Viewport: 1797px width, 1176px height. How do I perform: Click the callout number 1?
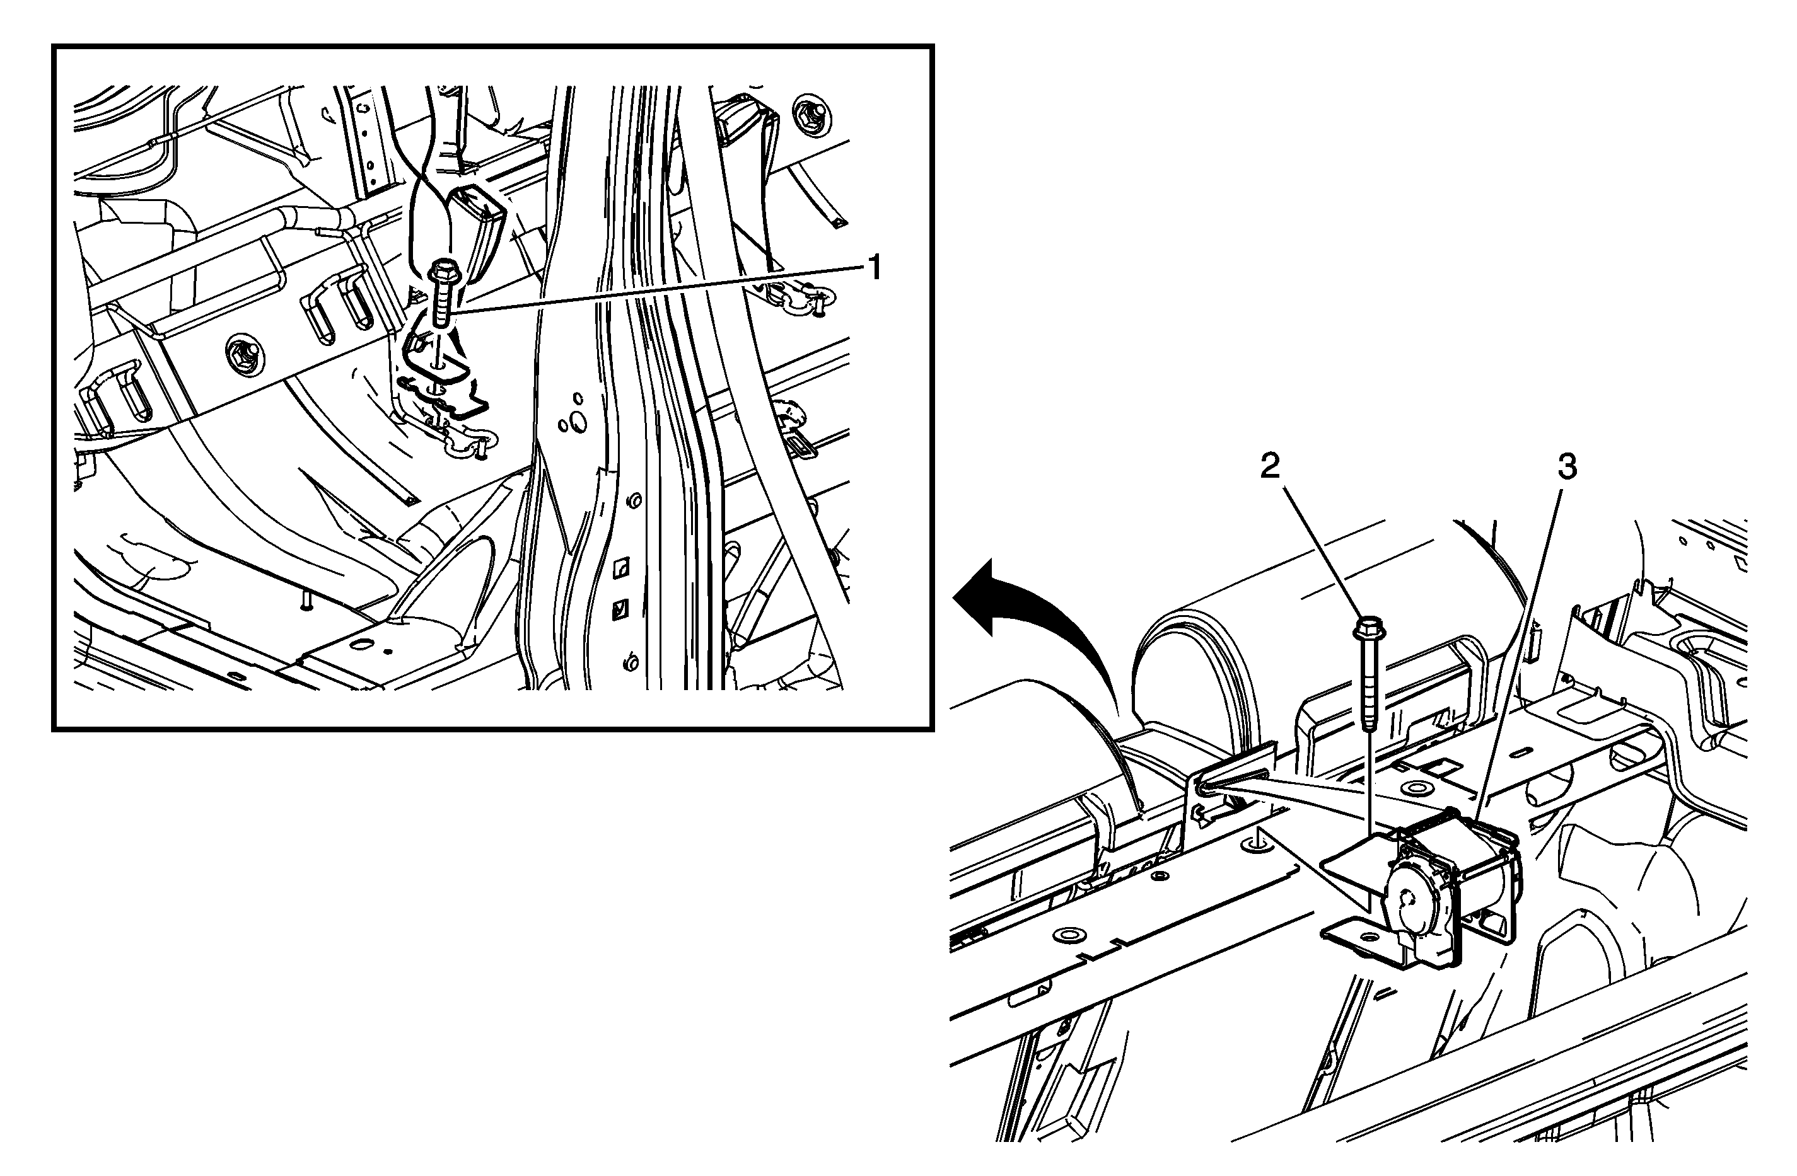pos(875,267)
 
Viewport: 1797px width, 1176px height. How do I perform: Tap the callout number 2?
pos(1270,467)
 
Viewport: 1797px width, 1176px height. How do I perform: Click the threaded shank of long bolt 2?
pos(1369,684)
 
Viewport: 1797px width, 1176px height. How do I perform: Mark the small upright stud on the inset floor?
pos(305,600)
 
